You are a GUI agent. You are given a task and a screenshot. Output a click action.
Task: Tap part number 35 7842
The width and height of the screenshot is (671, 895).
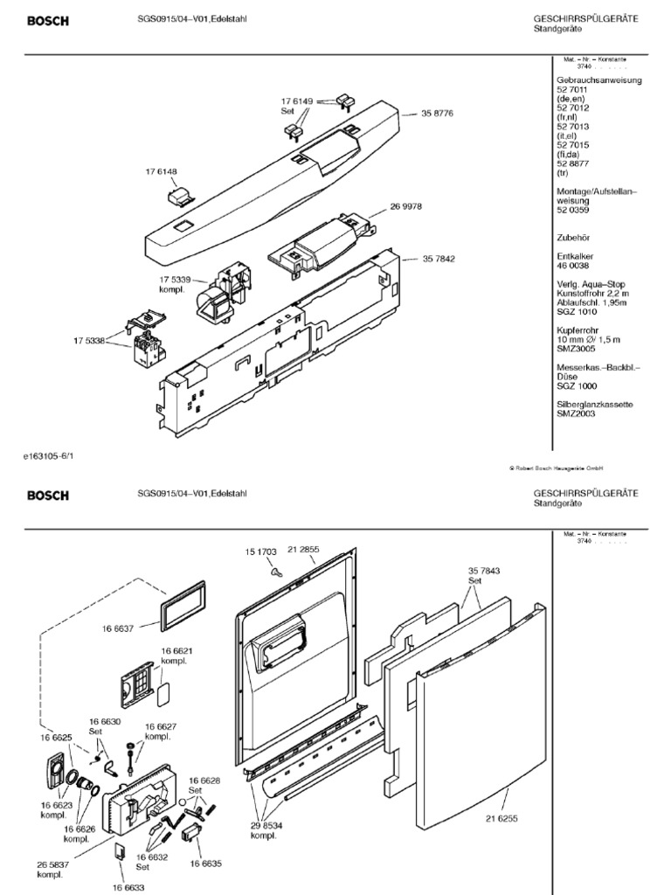point(439,259)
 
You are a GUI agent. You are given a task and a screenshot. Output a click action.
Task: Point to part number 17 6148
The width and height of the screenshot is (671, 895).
point(162,171)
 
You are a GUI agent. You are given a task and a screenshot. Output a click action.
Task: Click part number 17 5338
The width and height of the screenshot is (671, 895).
point(87,342)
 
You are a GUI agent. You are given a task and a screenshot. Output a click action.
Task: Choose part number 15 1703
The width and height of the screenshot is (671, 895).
point(259,552)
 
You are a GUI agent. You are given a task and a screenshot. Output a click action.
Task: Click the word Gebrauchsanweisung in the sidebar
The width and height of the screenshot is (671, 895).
point(599,80)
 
